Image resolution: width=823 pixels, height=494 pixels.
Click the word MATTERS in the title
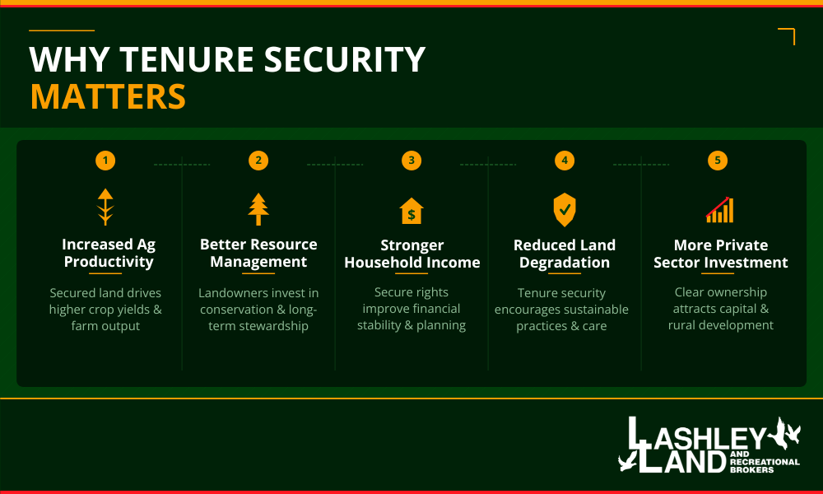[108, 96]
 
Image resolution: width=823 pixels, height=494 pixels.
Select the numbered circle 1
[105, 161]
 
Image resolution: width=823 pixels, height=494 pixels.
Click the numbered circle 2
[258, 161]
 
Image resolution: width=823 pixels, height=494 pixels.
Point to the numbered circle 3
[411, 161]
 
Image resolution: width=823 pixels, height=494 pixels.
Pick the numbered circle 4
[565, 161]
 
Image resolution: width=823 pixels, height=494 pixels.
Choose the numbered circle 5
[718, 161]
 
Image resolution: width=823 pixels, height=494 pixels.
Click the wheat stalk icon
[105, 207]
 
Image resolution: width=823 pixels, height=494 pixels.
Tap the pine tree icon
[258, 209]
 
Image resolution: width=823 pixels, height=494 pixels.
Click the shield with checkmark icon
[565, 210]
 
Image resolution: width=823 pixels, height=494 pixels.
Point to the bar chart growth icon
[719, 210]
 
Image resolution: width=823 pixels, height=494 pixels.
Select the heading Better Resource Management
[258, 254]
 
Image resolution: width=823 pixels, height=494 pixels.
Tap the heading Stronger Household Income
[411, 254]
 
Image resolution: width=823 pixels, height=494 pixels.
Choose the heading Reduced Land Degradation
[565, 254]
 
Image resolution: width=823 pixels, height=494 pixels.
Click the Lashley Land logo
[709, 446]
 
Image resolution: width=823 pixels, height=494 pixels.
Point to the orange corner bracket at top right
[788, 36]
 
